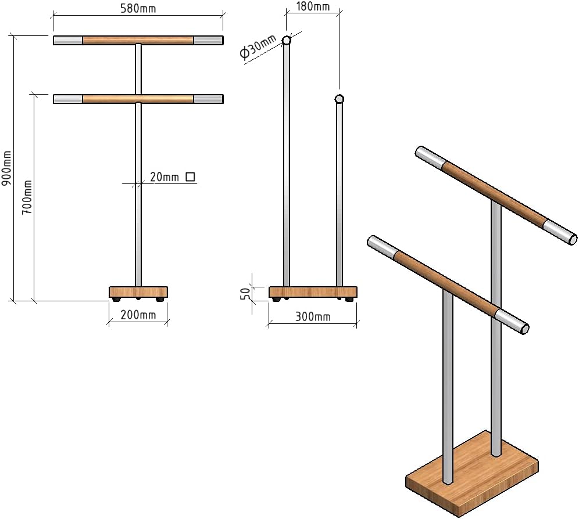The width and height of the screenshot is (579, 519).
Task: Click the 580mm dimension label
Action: pyautogui.click(x=138, y=8)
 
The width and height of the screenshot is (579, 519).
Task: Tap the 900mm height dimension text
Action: pyautogui.click(x=7, y=168)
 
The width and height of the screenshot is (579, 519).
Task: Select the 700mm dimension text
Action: pyautogui.click(x=27, y=197)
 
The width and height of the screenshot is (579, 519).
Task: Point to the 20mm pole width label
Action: pyautogui.click(x=165, y=177)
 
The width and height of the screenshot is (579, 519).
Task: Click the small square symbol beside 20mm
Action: pyautogui.click(x=190, y=176)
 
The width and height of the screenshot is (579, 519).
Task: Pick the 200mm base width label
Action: pyautogui.click(x=138, y=315)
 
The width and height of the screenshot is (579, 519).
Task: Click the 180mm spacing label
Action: pyautogui.click(x=313, y=6)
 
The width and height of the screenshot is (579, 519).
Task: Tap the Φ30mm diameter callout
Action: pyautogui.click(x=258, y=47)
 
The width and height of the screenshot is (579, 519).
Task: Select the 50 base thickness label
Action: pyautogui.click(x=245, y=294)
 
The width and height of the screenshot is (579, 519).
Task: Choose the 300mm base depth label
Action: pyautogui.click(x=313, y=316)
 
